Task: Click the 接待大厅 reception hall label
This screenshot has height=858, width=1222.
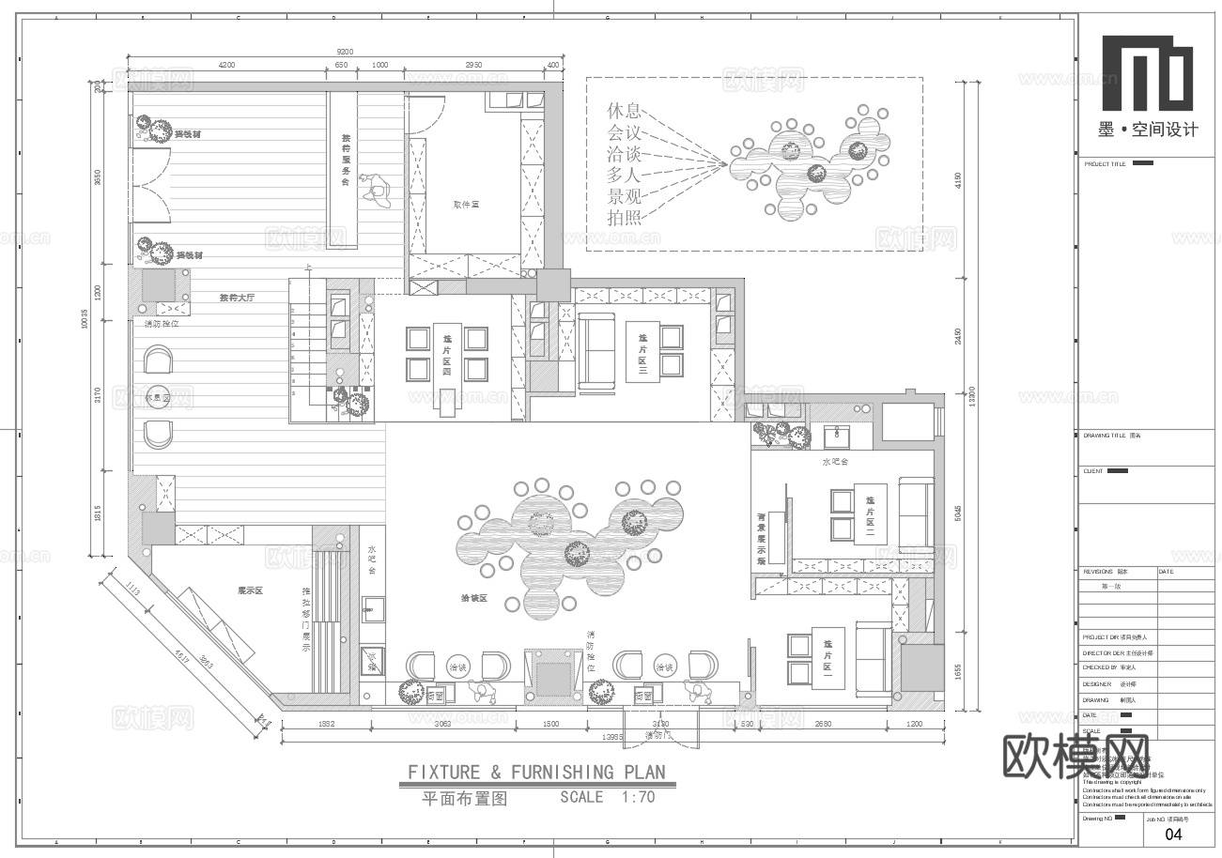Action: click(x=237, y=298)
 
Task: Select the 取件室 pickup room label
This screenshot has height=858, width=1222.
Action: click(x=466, y=204)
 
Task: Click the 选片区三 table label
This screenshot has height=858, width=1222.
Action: click(x=643, y=353)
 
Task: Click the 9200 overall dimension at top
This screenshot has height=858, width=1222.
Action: click(x=346, y=52)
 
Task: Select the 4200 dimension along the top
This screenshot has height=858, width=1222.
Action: click(x=226, y=65)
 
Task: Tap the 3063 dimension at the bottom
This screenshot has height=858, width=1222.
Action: click(x=442, y=724)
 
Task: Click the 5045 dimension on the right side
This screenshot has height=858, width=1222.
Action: click(x=957, y=513)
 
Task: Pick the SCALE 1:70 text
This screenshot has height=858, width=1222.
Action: click(x=607, y=798)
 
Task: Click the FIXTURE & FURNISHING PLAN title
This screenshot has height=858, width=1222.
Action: click(x=536, y=773)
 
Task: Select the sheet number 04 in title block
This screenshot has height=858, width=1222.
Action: click(x=1173, y=834)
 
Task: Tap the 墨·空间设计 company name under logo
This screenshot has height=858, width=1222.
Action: click(x=1148, y=130)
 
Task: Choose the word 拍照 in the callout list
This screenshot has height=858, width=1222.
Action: click(x=626, y=219)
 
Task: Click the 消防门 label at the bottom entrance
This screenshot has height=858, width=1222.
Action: click(x=662, y=735)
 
